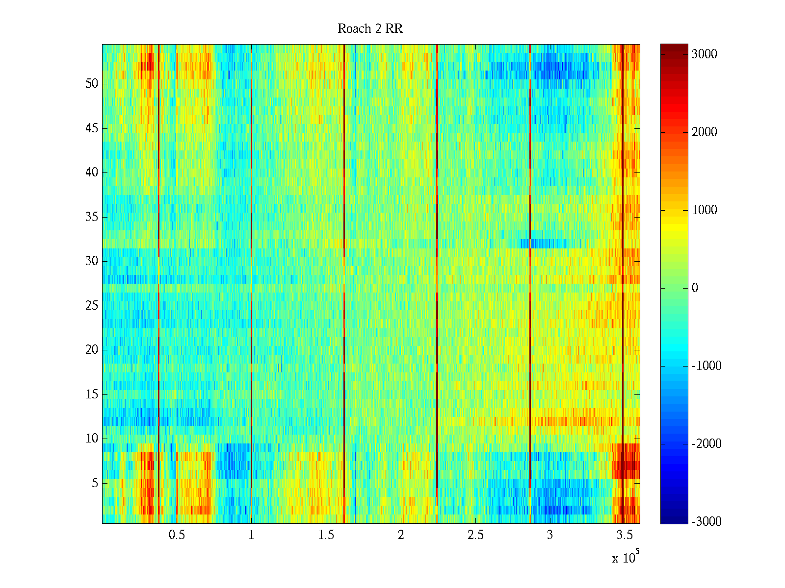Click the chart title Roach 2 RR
(370, 29)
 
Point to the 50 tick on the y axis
(92, 84)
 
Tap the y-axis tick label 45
(92, 128)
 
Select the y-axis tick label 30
(92, 261)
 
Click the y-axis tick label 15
(92, 394)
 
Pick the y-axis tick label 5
(95, 483)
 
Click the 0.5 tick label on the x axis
(177, 535)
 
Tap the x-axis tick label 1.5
(326, 535)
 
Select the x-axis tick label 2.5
(475, 535)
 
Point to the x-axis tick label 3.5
(625, 535)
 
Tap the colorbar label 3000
(704, 54)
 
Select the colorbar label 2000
(704, 132)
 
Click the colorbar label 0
(695, 288)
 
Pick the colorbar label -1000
(706, 366)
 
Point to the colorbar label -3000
(706, 522)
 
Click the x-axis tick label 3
(550, 535)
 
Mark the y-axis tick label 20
(92, 350)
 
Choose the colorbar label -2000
(706, 444)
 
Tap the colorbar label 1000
(704, 210)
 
